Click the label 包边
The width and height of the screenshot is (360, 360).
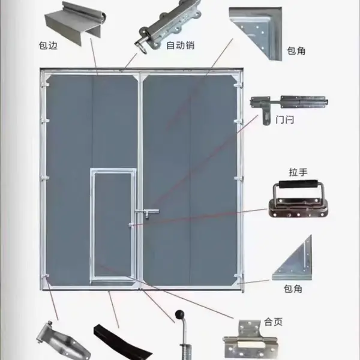[x=48, y=46]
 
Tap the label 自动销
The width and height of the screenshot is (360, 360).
[x=181, y=45]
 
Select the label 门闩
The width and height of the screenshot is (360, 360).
[x=284, y=120]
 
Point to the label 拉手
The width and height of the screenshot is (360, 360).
[x=298, y=172]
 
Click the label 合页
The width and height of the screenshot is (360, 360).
[x=273, y=322]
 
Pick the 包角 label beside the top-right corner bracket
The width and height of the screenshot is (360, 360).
[x=296, y=51]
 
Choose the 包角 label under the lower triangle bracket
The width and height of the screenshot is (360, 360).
[x=293, y=289]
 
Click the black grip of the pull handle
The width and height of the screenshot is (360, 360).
[x=298, y=185]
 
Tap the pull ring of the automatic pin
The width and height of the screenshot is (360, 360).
[x=143, y=47]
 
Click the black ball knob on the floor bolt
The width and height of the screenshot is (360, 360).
[x=179, y=314]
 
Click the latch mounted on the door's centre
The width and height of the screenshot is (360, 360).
[x=147, y=212]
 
